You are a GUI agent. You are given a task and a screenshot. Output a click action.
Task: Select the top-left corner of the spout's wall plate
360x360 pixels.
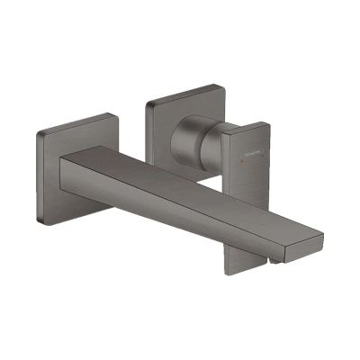40,134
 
